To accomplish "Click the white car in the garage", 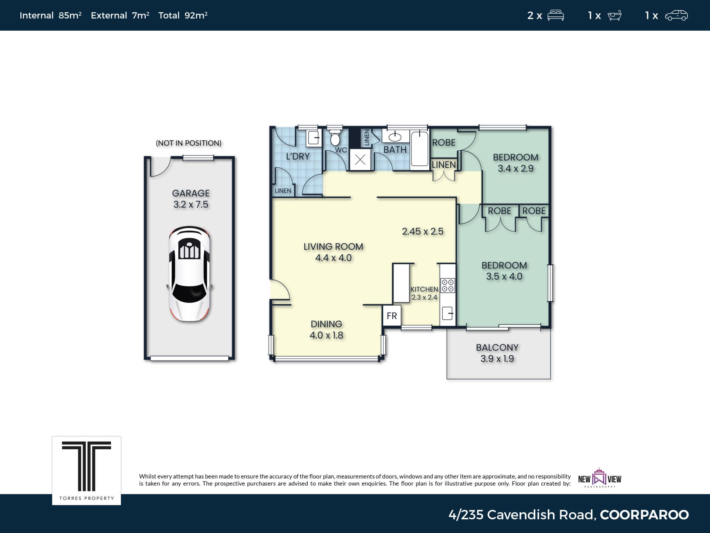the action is pyautogui.click(x=189, y=274).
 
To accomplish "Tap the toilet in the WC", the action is pyautogui.click(x=335, y=137).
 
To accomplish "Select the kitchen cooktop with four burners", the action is pyautogui.click(x=447, y=285).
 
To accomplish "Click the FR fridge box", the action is pyautogui.click(x=392, y=316).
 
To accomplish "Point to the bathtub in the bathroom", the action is pyautogui.click(x=419, y=148).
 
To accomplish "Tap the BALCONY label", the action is pyautogui.click(x=497, y=348).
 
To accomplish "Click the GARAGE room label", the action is pyautogui.click(x=191, y=193).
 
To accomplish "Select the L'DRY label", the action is pyautogui.click(x=298, y=156).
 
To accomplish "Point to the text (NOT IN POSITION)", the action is pyautogui.click(x=189, y=143).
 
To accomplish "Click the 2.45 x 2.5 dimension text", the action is pyautogui.click(x=423, y=231).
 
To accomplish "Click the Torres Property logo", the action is pyautogui.click(x=87, y=470).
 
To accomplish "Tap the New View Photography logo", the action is pyautogui.click(x=599, y=478).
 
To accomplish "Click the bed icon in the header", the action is pyautogui.click(x=555, y=16).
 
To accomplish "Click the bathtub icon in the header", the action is pyautogui.click(x=615, y=16).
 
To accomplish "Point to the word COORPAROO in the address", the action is pyautogui.click(x=644, y=514).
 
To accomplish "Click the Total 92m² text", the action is pyautogui.click(x=183, y=15).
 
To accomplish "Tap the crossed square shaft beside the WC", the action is pyautogui.click(x=360, y=160).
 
